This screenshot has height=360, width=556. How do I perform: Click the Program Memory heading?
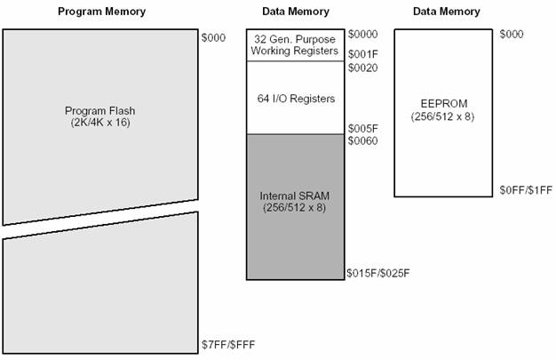click(101, 12)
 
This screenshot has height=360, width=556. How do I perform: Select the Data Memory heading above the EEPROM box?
click(447, 12)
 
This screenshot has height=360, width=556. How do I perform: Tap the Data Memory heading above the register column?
click(296, 12)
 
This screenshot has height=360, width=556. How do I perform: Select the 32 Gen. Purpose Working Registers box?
click(294, 44)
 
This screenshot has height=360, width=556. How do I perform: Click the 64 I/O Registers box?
click(294, 97)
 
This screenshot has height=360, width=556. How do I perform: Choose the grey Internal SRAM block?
click(294, 206)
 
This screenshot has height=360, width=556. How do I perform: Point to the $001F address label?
click(361, 53)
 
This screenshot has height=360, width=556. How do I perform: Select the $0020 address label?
click(361, 67)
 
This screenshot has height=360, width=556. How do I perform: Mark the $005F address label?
click(361, 127)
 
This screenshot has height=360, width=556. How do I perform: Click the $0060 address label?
click(361, 140)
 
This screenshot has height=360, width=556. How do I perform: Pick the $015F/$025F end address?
click(377, 273)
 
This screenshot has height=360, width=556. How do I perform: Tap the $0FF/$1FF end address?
click(526, 189)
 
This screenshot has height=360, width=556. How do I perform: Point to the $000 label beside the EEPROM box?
click(511, 34)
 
